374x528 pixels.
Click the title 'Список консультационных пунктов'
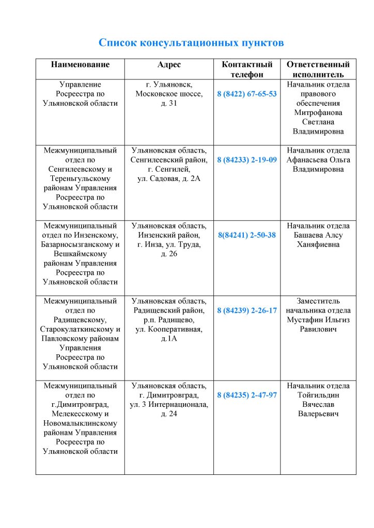click(191, 43)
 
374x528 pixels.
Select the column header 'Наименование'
click(80, 64)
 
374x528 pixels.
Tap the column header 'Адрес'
click(169, 64)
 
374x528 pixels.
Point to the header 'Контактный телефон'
click(247, 70)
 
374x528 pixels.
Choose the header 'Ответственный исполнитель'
click(318, 70)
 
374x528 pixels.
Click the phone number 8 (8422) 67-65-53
click(247, 94)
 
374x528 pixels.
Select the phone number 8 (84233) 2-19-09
click(247, 160)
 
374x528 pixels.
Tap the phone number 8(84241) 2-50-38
click(247, 235)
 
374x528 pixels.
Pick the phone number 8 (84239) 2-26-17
click(247, 310)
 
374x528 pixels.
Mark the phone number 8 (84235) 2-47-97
click(247, 395)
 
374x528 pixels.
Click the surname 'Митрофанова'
click(318, 112)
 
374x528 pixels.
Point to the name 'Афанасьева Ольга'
click(318, 160)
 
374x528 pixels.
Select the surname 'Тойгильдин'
click(318, 395)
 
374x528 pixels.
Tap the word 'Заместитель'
click(318, 301)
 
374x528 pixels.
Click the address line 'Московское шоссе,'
click(169, 94)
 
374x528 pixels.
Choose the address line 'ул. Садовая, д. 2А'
click(169, 178)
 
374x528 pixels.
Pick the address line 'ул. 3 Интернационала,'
click(169, 404)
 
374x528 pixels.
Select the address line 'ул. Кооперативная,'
click(169, 329)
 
